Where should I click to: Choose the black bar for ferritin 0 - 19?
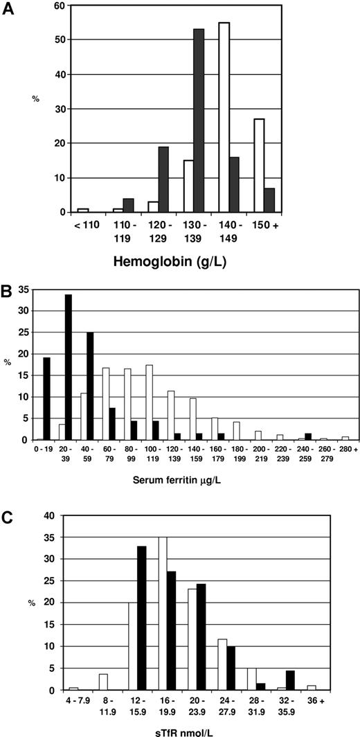(x=46, y=399)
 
